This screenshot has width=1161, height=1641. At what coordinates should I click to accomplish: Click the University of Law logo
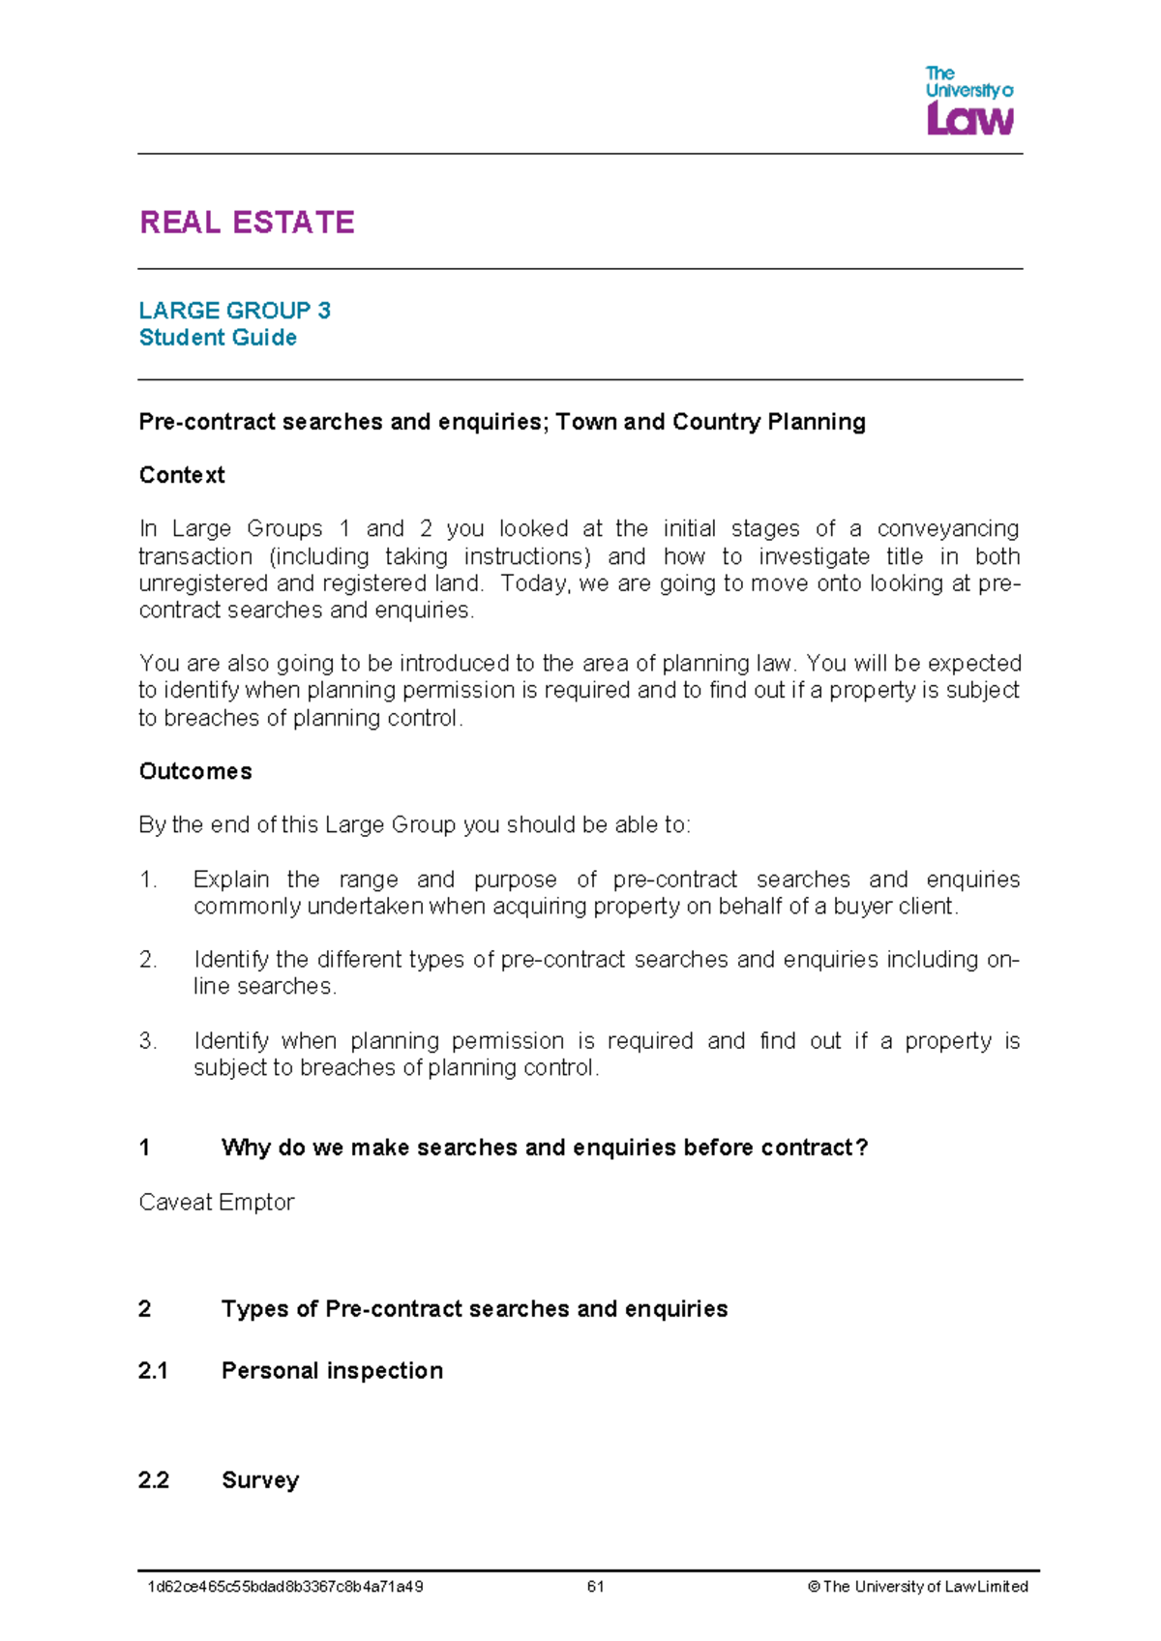[968, 101]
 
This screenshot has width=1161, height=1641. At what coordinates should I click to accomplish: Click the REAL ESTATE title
[247, 223]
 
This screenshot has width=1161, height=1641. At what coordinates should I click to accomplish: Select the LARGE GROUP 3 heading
[234, 311]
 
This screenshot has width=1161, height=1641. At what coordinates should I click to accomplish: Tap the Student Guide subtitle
[218, 338]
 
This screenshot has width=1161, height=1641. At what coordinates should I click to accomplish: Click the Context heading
[182, 475]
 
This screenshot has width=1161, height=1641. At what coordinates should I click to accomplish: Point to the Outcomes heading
[195, 771]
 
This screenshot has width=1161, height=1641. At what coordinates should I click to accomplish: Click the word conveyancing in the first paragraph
[947, 529]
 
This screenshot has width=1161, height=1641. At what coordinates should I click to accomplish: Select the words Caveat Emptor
[216, 1202]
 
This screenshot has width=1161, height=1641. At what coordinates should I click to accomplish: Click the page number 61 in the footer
[595, 1587]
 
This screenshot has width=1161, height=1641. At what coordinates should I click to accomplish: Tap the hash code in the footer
[284, 1587]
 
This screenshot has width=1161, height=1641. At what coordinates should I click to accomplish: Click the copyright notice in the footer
[917, 1587]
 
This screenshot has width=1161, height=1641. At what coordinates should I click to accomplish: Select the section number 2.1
[153, 1371]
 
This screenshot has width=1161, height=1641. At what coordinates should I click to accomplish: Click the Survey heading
[260, 1480]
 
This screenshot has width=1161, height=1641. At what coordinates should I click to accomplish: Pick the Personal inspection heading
[332, 1371]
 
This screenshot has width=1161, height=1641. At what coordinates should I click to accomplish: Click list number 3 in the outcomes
[147, 1041]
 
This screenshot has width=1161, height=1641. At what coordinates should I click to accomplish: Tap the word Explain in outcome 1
[230, 880]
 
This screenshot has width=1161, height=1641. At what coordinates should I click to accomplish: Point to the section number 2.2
[153, 1480]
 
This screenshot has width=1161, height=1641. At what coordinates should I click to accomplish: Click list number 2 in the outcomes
[147, 960]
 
